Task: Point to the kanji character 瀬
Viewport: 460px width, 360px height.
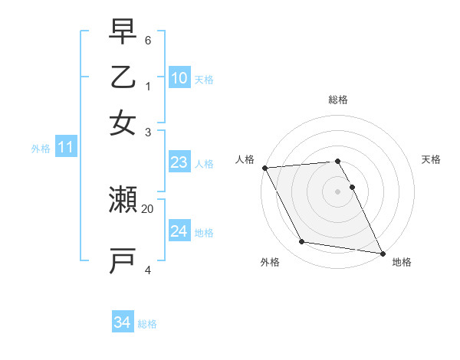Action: coord(123,200)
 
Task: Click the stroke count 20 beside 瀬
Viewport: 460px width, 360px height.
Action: coord(148,208)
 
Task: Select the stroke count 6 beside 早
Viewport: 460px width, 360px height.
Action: coord(148,39)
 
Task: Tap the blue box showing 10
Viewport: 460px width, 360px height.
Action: coord(179,78)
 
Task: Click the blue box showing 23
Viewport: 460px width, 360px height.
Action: coord(179,162)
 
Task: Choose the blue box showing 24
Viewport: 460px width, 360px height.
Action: coord(179,231)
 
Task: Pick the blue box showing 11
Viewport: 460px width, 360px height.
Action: coord(65,148)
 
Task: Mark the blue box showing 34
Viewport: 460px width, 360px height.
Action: coord(122,323)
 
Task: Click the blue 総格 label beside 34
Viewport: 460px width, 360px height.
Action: coord(147,324)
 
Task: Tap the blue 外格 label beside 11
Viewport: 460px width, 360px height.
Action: coord(41,149)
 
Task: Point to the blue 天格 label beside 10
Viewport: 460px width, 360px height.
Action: coord(204,79)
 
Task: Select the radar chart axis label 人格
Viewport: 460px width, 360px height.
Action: coord(245,159)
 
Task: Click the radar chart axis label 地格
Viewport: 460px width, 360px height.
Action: coord(402,262)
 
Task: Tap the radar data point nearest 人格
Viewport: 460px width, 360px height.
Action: coord(264,168)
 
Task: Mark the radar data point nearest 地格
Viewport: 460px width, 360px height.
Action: coord(381,252)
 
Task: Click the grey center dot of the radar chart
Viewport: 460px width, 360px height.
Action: coord(337,191)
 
